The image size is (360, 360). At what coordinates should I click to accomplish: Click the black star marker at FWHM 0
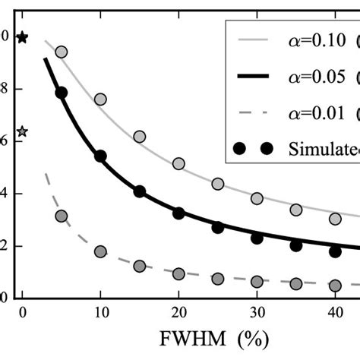pos(22,37)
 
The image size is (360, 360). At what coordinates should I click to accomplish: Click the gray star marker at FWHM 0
pos(22,131)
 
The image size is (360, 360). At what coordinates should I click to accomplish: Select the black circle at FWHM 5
pos(62,93)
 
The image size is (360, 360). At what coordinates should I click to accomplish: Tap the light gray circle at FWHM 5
pos(62,52)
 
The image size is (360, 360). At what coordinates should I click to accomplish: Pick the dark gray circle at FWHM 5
pos(62,216)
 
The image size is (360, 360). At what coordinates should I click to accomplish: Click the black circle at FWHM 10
pos(100,156)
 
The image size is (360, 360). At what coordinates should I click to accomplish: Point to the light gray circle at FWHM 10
pos(100,99)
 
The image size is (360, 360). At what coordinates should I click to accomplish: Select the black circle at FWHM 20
pos(178,213)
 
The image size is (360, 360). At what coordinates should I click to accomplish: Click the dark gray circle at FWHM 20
pos(178,273)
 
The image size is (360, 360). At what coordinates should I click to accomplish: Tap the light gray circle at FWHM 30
pos(257,198)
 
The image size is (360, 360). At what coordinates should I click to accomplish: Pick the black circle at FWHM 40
pos(335,251)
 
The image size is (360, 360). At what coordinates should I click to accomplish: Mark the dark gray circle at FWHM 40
pos(335,286)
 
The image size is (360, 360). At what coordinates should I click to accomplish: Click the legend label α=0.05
pos(319,77)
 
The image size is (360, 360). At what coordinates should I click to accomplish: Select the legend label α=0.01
pos(319,113)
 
